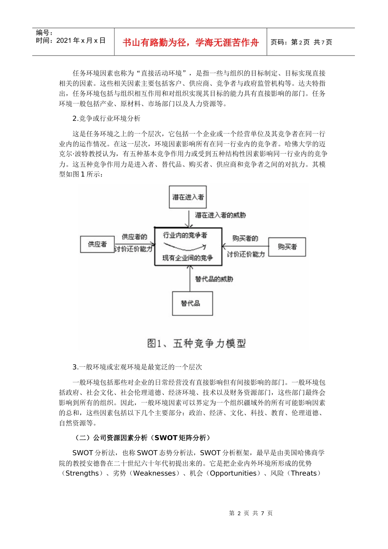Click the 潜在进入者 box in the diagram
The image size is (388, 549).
187,197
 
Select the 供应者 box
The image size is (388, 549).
97,244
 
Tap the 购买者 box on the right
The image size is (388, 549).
287,247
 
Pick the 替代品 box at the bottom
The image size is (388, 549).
192,303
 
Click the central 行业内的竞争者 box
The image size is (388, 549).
188,246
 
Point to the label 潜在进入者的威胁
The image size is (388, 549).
221,215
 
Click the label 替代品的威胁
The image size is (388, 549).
214,279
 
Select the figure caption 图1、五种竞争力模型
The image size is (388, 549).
196,344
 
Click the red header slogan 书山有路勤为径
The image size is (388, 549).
191,42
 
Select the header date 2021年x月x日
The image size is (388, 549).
81,40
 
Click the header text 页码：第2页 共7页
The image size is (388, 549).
301,42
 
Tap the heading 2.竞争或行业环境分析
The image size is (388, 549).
106,118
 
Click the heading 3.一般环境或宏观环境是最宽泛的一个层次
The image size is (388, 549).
137,367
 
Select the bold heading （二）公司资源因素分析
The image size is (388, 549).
142,438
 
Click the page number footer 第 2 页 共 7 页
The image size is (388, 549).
251,513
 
